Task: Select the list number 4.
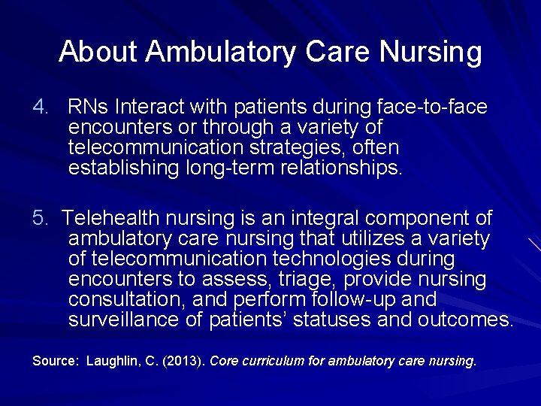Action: [39, 108]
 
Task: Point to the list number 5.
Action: [39, 219]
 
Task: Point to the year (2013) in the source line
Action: [183, 361]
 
